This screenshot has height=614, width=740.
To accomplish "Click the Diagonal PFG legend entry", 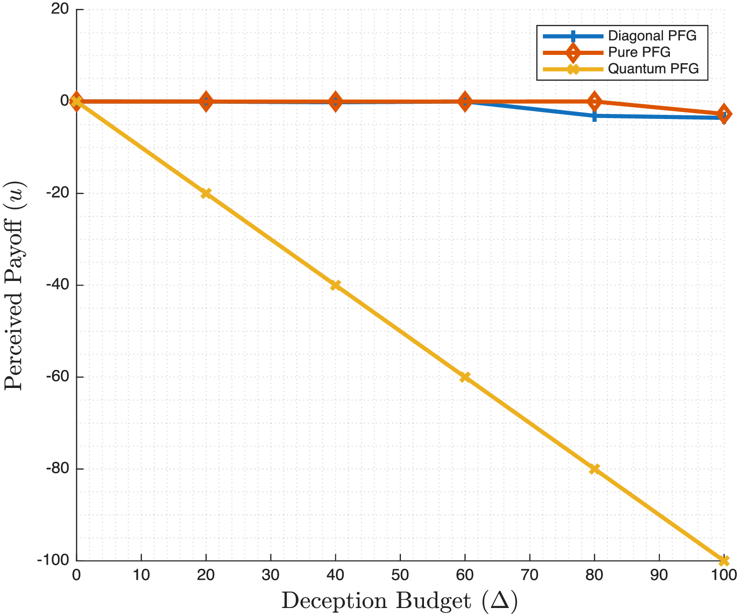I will tap(652, 36).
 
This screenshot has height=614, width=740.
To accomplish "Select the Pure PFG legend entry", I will tap(639, 52).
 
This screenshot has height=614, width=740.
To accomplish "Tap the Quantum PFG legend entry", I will tap(653, 69).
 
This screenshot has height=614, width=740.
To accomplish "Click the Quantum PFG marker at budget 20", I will tap(206, 193).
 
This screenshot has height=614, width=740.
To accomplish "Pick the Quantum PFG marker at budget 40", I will tap(336, 285).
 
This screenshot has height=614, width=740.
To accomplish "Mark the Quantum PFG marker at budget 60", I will tap(465, 377).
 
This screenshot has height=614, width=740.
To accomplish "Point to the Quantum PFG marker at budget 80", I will tap(595, 469).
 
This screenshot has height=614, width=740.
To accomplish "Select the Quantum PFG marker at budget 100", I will tap(724, 560).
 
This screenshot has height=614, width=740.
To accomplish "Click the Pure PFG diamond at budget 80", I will tap(595, 101).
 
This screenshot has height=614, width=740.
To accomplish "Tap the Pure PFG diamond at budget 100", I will tap(724, 113).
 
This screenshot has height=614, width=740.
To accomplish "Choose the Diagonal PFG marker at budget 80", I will tap(595, 116).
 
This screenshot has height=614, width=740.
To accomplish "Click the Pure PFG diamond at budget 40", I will tap(336, 101).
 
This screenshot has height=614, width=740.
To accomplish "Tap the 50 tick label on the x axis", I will tap(400, 575).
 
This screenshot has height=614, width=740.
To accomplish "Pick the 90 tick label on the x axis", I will tap(659, 575).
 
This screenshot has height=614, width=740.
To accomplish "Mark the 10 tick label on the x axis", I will tap(141, 575).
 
